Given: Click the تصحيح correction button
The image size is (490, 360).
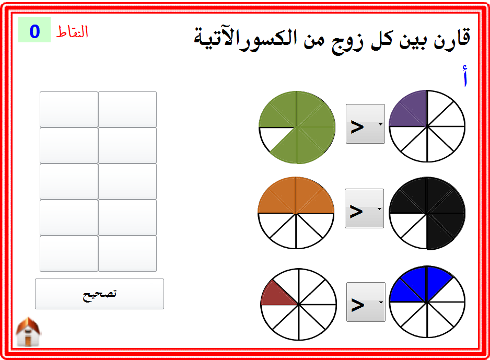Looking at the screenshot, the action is (99, 294).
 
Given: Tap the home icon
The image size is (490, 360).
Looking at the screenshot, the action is (28, 332).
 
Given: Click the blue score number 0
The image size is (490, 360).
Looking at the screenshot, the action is (34, 31).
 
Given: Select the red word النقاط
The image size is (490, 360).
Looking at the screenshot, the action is (72, 31).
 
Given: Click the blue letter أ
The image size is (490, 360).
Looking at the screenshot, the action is (465, 76).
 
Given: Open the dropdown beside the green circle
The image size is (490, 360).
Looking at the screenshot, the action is (365, 124).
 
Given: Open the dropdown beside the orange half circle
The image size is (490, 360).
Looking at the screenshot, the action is (364, 208).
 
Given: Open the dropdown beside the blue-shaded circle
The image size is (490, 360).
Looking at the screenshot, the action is (366, 302).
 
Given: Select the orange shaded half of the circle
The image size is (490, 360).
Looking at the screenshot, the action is (296, 197).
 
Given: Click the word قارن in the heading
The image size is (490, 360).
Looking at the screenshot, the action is (452, 38).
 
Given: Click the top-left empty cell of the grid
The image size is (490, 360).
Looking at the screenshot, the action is (69, 109).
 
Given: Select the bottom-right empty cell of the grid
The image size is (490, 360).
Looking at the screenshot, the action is (127, 253).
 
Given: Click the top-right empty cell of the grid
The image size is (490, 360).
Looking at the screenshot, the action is (127, 109).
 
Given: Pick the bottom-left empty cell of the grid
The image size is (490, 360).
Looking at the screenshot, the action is (69, 253).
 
